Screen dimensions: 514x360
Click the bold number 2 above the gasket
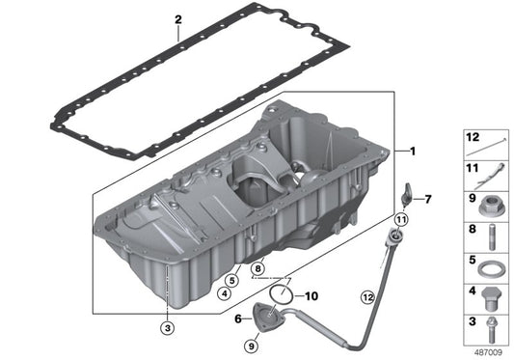(x=178, y=19)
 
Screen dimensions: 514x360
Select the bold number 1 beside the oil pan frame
(x=413, y=151)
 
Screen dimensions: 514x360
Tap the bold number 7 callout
(x=428, y=199)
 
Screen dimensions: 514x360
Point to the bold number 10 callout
(x=311, y=296)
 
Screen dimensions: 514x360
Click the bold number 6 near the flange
(x=238, y=318)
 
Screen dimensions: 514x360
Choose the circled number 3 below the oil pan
(x=168, y=327)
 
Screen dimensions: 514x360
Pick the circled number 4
(x=225, y=293)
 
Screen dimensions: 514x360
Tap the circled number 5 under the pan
(x=232, y=281)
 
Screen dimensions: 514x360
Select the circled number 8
(x=258, y=268)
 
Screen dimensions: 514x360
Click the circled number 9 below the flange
(x=252, y=346)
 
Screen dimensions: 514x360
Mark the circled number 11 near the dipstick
(x=401, y=219)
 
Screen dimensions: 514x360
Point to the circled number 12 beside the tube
(x=367, y=297)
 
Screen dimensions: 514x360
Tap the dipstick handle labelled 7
(x=406, y=196)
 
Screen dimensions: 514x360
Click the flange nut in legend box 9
(x=489, y=207)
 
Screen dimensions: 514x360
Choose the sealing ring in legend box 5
(x=488, y=269)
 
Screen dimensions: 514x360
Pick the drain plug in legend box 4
(x=490, y=298)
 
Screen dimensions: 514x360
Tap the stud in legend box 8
(x=492, y=236)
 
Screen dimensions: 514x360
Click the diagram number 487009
(x=488, y=352)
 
